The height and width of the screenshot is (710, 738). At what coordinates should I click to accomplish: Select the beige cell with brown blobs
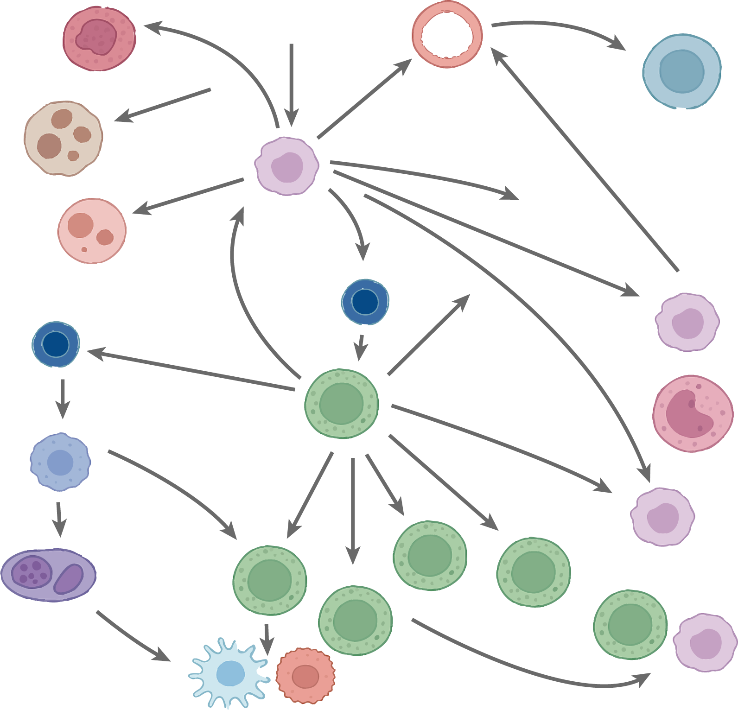point(64,138)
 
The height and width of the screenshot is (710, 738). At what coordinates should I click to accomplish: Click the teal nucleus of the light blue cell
point(681,71)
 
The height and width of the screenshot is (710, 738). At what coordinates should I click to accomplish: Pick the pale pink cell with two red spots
point(92,231)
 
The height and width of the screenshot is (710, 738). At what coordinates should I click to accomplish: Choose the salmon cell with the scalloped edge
point(305,676)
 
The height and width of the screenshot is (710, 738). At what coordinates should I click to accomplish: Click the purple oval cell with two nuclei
point(48,575)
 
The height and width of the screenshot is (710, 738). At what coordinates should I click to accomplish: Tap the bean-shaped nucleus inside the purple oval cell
point(69,579)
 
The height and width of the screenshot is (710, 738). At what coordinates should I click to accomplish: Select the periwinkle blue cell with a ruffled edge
point(60,462)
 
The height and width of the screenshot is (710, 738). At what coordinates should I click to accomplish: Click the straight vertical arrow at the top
point(291,83)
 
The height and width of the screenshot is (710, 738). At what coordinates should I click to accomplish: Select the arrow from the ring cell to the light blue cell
point(556,27)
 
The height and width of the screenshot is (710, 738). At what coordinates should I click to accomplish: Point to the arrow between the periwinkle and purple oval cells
point(59,518)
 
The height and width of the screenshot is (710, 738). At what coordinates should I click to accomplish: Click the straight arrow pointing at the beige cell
point(162,105)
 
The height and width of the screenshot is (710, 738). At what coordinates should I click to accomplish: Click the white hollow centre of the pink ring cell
point(447,35)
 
